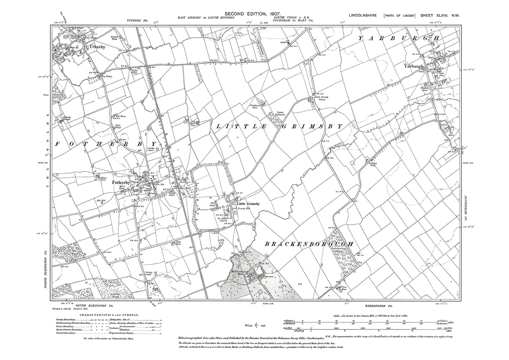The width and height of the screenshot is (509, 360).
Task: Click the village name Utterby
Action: (x=97, y=46)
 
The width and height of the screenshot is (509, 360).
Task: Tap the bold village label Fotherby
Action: (x=120, y=183)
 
